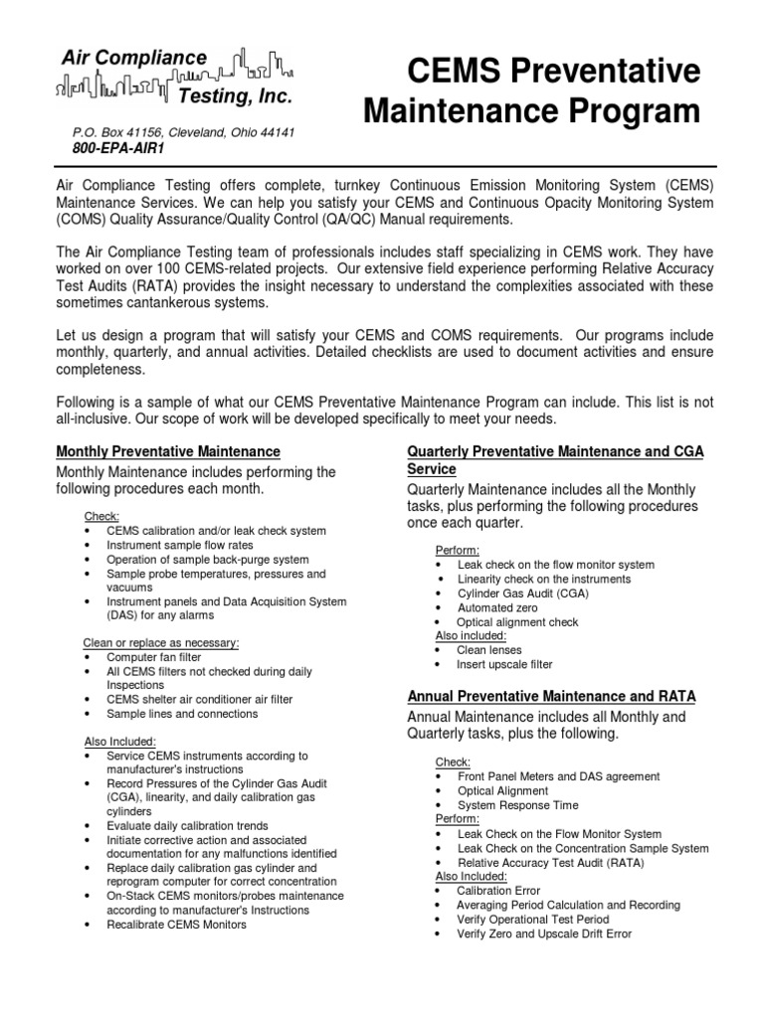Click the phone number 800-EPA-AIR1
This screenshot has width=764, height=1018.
117,148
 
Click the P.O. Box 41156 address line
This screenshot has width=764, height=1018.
183,132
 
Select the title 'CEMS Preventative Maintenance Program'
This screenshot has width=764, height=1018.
531,91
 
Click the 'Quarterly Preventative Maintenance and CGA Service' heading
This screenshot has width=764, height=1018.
555,459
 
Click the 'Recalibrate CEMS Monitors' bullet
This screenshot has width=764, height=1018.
177,924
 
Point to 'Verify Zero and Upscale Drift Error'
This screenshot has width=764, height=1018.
544,933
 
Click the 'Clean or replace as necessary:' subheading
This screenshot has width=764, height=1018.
161,643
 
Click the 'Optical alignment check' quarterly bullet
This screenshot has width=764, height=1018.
517,621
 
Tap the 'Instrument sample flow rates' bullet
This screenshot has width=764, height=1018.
180,546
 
